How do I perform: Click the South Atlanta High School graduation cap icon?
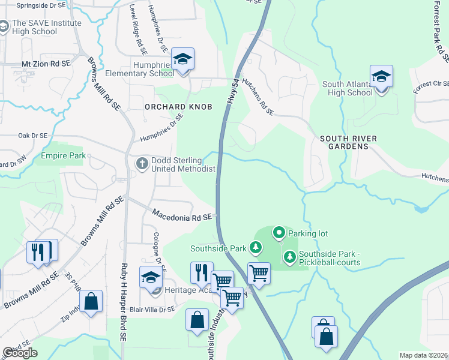click(381, 77)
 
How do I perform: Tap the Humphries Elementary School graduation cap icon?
click(182, 59)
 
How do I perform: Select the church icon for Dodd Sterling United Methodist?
click(142, 163)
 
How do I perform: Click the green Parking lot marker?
click(279, 232)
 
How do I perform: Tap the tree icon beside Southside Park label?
click(256, 247)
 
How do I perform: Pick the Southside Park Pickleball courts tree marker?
click(289, 257)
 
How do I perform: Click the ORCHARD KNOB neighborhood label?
click(170, 106)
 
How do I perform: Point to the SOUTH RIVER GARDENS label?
click(348, 143)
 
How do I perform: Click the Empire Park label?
click(61, 155)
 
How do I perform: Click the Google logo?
click(20, 353)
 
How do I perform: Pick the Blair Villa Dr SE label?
click(152, 310)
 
